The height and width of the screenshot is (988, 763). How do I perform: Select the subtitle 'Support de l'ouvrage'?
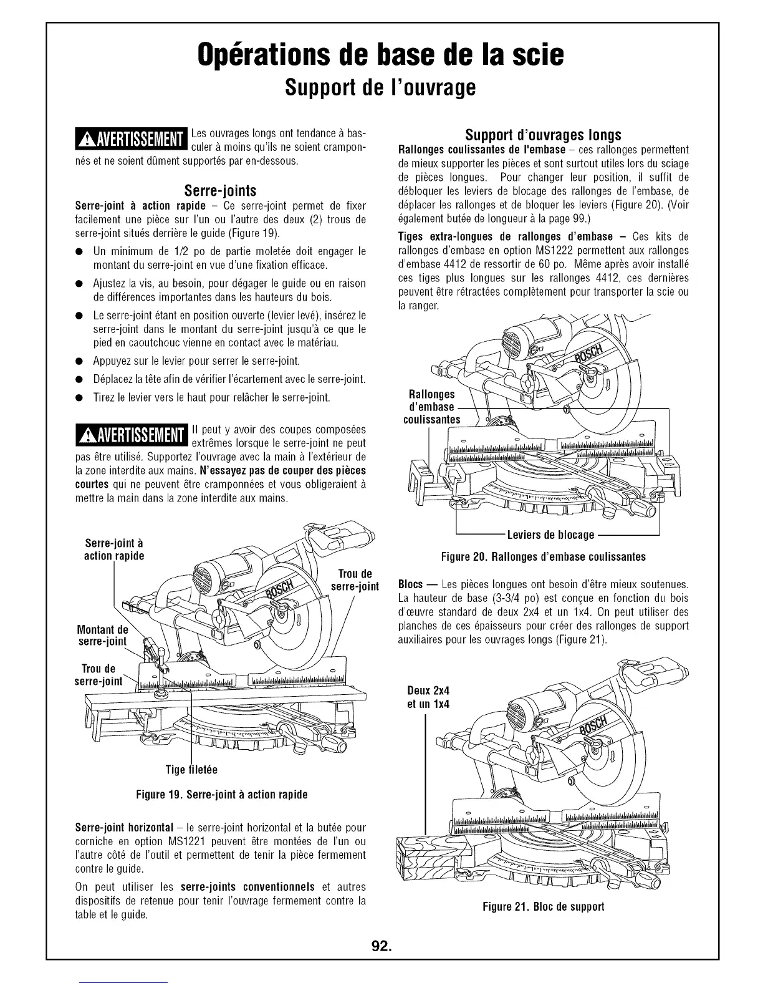click(380, 87)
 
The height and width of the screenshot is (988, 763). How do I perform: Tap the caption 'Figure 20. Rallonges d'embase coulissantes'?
click(544, 556)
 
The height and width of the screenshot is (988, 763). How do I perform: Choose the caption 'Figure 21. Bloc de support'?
click(543, 906)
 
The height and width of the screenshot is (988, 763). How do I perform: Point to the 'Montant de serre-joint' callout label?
click(102, 636)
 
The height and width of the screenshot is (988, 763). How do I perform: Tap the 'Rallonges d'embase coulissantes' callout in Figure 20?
click(431, 407)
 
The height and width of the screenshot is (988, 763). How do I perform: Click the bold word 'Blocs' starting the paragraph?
click(411, 585)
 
